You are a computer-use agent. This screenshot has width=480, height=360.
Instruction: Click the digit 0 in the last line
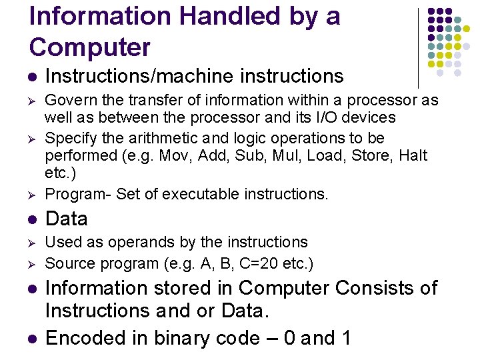[289, 338]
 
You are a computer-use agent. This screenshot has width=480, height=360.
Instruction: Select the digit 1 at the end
[345, 338]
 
